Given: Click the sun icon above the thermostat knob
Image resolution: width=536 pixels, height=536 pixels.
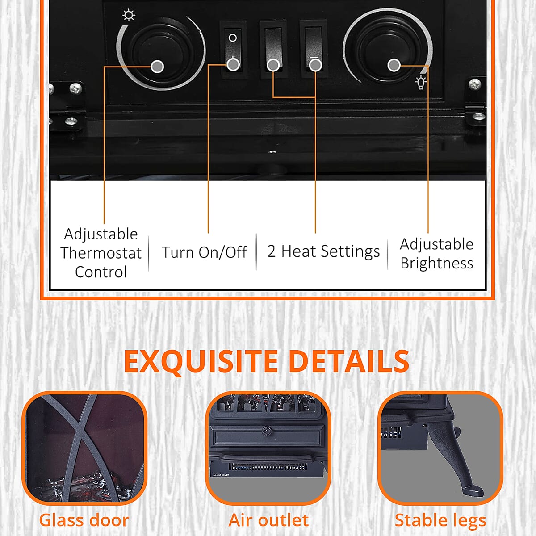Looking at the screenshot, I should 129,16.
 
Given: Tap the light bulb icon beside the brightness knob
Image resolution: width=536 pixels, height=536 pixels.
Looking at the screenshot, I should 421,82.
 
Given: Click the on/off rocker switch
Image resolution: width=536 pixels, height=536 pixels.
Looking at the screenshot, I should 233,49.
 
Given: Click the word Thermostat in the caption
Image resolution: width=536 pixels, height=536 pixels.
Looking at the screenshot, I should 101,253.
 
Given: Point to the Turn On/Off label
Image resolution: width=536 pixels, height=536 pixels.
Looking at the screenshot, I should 204,252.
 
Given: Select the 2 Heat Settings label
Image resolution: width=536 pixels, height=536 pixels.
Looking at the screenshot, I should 323,251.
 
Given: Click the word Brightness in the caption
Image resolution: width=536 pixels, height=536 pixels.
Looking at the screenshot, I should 436,264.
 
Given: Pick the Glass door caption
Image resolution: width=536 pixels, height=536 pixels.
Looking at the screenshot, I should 84,520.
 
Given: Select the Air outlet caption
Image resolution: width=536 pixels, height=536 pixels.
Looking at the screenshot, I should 268,520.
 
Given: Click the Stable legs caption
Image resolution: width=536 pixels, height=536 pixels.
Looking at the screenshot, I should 440,520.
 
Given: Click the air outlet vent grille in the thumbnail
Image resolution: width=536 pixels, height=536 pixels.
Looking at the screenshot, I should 268,467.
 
